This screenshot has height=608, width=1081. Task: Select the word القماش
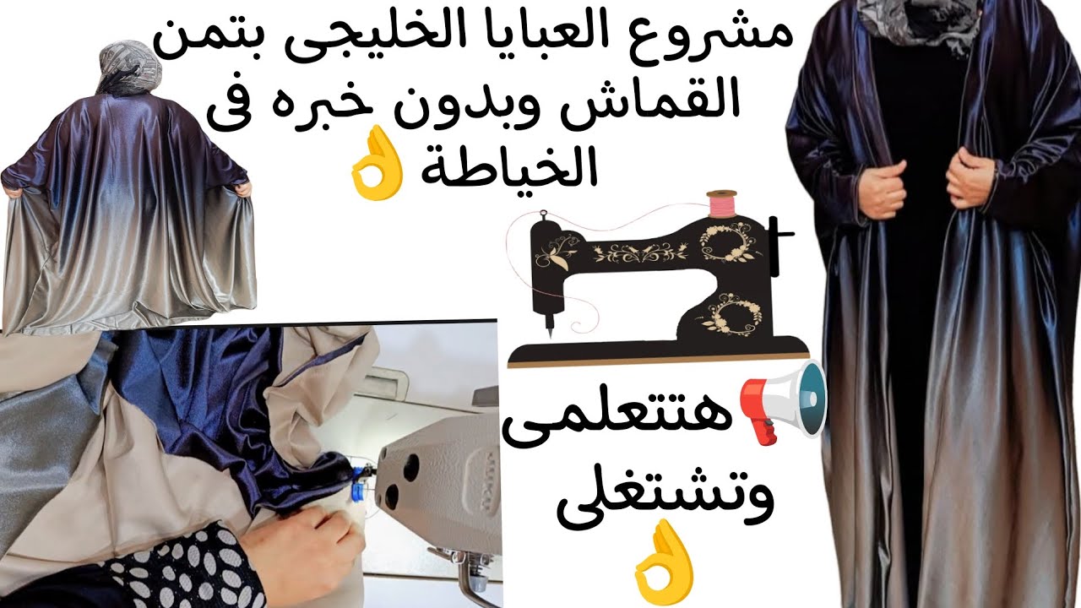[x=654, y=100]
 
